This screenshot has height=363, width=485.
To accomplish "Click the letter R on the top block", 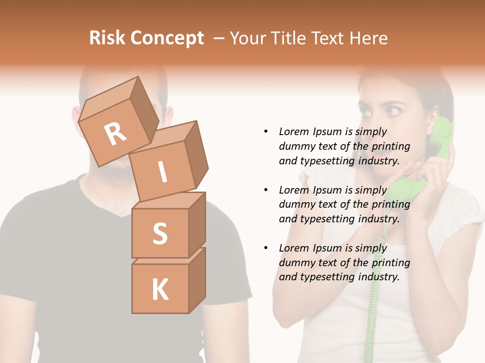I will click(115, 134).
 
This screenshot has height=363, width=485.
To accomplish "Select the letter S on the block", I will click(160, 233).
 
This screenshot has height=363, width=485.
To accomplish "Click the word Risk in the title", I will click(108, 38).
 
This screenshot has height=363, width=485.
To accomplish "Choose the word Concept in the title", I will click(167, 38).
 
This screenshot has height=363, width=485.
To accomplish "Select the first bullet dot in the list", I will click(266, 132).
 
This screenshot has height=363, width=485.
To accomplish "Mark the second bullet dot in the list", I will click(266, 190).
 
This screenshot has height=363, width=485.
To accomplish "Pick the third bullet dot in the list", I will click(266, 248).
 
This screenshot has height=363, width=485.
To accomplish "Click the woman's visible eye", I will click(393, 108).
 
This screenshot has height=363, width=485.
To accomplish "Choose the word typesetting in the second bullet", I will click(330, 219).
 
